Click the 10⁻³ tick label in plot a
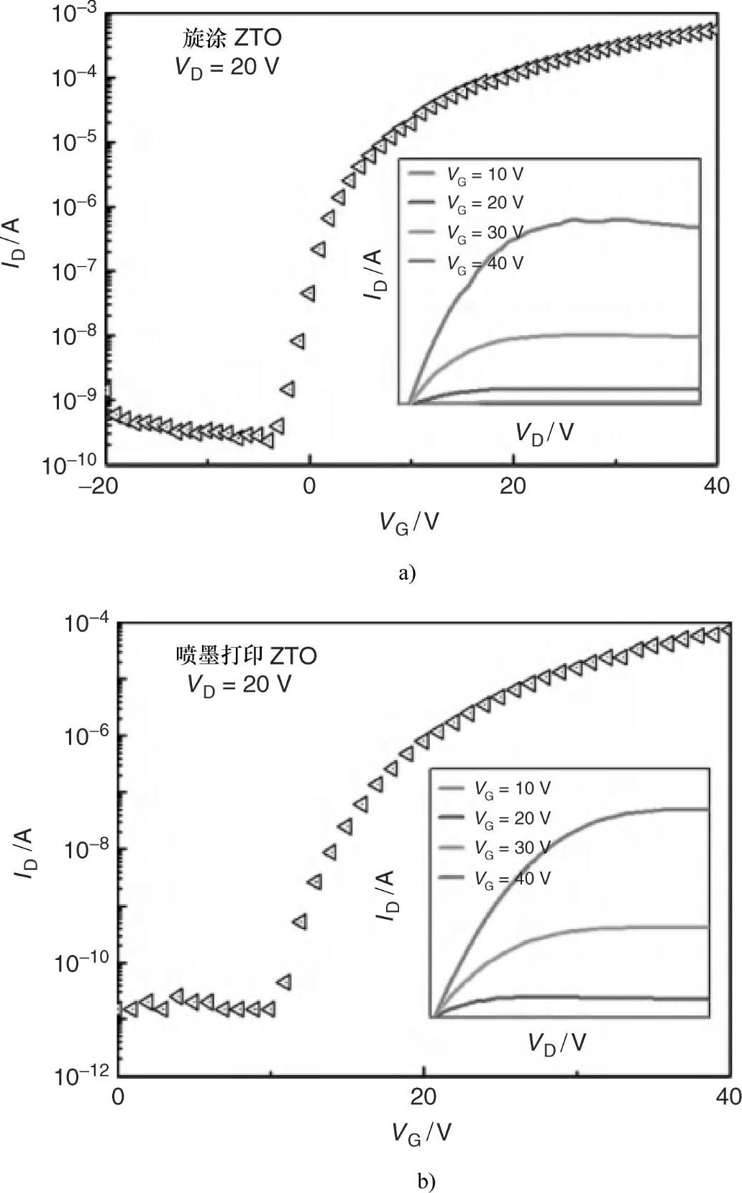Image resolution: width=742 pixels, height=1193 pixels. [75, 13]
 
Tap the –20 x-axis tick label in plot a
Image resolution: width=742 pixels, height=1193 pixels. [106, 486]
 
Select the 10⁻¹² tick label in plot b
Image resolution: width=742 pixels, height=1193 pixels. [81, 1077]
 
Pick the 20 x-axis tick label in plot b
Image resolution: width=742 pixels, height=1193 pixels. [423, 1098]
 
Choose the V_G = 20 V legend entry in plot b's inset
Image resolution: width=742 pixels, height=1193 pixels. [512, 818]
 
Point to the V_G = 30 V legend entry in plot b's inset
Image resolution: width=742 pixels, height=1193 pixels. [512, 849]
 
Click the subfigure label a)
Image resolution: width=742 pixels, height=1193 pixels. [407, 572]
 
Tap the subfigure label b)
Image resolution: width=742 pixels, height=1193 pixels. [426, 1181]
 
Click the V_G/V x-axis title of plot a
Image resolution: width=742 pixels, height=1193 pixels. [408, 522]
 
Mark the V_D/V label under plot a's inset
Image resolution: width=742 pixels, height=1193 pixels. [544, 432]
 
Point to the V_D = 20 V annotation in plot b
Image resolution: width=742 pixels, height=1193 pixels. [239, 684]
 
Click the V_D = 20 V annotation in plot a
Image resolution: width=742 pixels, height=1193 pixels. [226, 66]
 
